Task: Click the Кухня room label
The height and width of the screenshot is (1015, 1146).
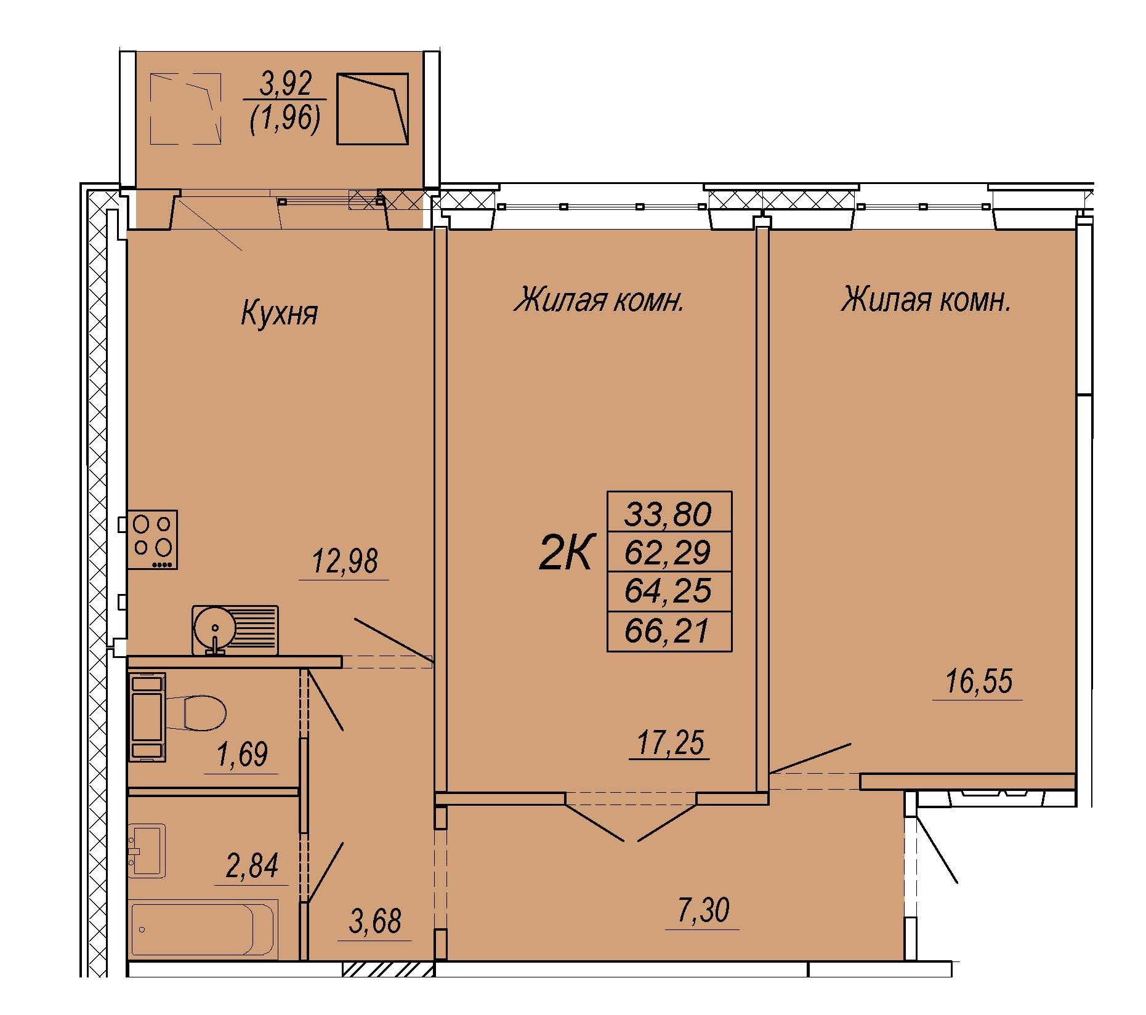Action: point(279,313)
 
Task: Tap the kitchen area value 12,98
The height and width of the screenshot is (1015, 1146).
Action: point(345,561)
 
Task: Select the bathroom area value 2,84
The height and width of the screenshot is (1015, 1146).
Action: point(252,866)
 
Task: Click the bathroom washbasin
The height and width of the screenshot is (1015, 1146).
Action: point(147,849)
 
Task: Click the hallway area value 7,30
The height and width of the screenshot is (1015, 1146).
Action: point(702,910)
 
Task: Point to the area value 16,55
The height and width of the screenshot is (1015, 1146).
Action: point(979,683)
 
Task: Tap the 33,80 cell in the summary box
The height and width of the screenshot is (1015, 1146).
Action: point(669,513)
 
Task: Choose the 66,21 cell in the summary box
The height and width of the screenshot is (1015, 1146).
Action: point(669,631)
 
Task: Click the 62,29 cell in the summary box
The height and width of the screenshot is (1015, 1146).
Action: point(669,552)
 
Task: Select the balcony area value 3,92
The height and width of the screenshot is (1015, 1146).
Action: point(286,84)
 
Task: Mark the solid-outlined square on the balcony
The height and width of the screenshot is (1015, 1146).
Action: point(373,109)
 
